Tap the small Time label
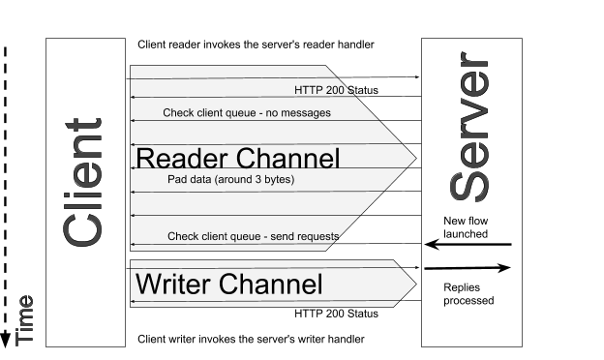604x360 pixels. click(25, 319)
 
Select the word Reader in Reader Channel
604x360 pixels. click(178, 159)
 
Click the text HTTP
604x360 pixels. click(307, 91)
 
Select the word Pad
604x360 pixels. click(177, 180)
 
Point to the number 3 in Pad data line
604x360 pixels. click(251, 180)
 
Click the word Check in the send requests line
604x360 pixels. click(183, 236)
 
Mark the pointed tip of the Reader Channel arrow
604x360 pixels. click(415, 157)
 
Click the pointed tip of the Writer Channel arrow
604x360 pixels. click(415, 284)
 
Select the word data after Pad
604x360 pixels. click(199, 180)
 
